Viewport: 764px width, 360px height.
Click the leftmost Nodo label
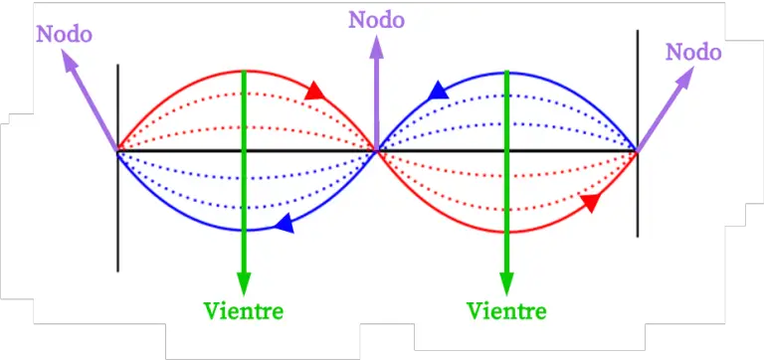[64, 34]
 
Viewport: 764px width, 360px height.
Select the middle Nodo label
[377, 18]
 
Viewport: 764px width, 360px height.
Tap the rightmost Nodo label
[693, 51]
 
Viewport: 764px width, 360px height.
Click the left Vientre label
[244, 310]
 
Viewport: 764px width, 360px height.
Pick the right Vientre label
[506, 310]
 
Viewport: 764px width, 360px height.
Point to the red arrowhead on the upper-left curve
[315, 91]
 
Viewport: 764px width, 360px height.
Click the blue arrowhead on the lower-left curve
[285, 225]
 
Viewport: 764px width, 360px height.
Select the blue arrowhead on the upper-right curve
[438, 92]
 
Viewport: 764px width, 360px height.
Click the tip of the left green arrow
[244, 291]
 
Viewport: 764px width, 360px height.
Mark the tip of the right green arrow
[507, 291]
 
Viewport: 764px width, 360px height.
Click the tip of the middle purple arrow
[377, 38]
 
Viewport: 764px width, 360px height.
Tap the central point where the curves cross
[377, 150]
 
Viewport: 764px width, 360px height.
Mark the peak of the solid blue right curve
[507, 72]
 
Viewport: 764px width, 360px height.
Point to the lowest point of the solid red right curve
[507, 232]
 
